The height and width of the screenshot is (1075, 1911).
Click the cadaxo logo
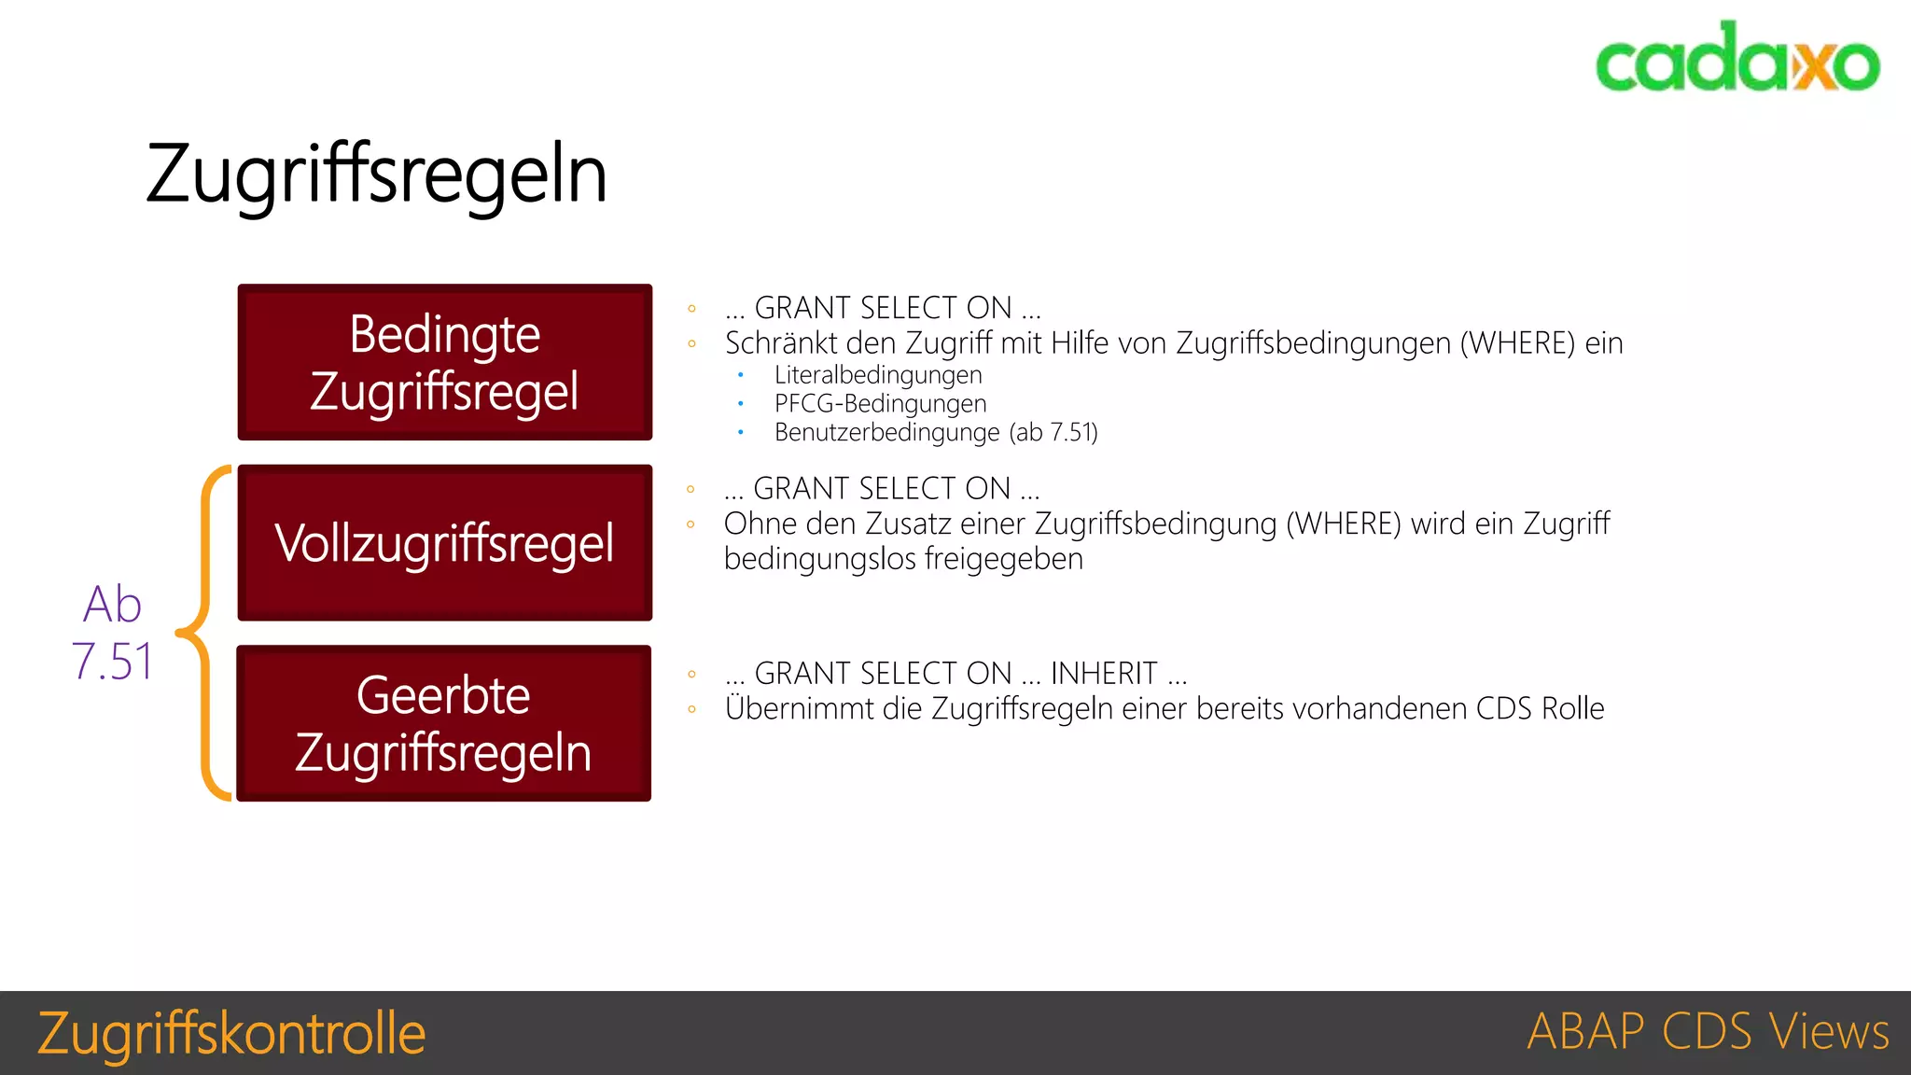pos(1737,58)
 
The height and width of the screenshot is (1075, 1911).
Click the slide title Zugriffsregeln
pos(377,175)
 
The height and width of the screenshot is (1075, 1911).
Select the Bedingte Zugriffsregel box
pos(445,362)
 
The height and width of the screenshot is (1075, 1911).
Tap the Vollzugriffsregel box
pos(445,543)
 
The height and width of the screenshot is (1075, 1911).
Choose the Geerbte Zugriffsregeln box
pos(444,723)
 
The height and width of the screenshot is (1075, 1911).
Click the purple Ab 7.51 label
pos(113,633)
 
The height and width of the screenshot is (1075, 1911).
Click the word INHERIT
pos(1104,673)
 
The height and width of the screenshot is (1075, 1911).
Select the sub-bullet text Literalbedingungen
pos(878,375)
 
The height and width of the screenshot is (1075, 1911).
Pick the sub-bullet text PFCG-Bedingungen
pos(880,404)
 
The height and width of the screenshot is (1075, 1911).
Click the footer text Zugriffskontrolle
pos(231,1033)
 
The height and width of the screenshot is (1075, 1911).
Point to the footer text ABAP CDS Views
pos(1708,1032)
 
